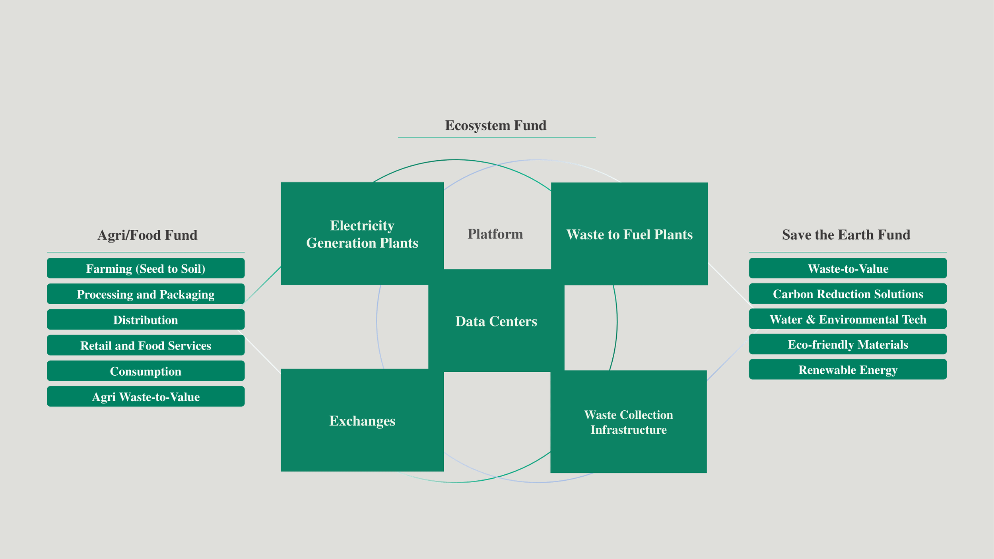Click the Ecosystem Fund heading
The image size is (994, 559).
point(495,125)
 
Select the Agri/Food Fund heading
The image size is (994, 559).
point(147,235)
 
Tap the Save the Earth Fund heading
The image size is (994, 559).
point(846,235)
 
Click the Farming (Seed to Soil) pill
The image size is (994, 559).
point(146,268)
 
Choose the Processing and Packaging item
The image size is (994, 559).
point(146,294)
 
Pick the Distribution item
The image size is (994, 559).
point(146,320)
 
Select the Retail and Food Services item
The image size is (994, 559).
point(146,345)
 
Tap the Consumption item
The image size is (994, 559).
point(146,371)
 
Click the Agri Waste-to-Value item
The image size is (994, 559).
point(146,396)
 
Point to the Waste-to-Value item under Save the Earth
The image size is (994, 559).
point(848,268)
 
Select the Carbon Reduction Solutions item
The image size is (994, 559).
point(848,294)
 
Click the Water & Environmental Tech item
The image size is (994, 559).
point(848,319)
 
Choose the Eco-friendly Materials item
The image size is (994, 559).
point(848,344)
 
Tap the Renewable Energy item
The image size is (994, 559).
point(848,370)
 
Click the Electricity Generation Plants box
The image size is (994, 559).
point(362,234)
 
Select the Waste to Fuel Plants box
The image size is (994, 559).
point(629,234)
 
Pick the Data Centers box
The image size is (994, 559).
point(496,321)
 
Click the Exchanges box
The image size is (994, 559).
point(362,420)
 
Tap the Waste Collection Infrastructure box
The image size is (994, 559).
point(628,422)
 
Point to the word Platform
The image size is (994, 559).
point(495,234)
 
